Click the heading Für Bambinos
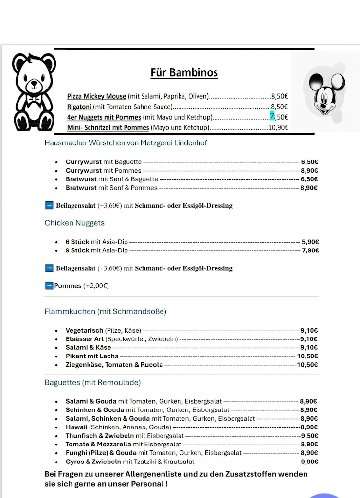point(184,73)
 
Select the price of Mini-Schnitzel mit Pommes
point(278,128)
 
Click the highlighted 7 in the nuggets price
point(272,117)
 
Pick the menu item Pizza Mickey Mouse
point(96,96)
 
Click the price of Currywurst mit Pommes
point(309,171)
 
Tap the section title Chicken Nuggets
point(74,223)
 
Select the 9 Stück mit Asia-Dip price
point(310,250)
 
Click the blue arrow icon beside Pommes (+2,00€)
point(49,285)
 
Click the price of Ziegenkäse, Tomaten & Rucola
point(307,365)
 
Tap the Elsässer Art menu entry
point(85,339)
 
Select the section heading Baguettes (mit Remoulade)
point(92,383)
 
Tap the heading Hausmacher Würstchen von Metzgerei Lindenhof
point(126,143)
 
